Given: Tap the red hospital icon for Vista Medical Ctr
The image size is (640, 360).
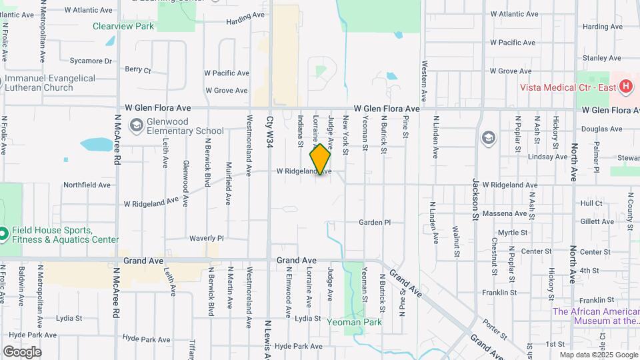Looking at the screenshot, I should click(x=625, y=87).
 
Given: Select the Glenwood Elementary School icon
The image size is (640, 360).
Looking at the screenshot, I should click(x=137, y=126).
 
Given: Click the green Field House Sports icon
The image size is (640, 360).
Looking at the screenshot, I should click(x=3, y=235).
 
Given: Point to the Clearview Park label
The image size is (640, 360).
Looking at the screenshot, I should click(x=123, y=27).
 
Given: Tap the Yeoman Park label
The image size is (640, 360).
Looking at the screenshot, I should click(x=354, y=322).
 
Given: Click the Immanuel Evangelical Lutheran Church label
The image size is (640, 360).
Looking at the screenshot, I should click(x=51, y=83).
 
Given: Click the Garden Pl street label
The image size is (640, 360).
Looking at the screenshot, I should click(x=374, y=223).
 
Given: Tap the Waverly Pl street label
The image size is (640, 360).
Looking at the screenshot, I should click(x=206, y=238).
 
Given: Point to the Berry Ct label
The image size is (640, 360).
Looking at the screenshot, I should click(x=138, y=69).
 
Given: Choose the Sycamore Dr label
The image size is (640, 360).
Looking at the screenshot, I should click(x=91, y=61).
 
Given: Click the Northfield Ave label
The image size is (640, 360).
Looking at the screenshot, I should click(x=87, y=185).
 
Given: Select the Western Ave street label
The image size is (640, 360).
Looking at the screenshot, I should click(x=424, y=78).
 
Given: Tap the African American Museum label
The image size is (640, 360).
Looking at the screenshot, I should click(x=596, y=316).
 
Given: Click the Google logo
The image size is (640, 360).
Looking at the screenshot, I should click(x=22, y=352).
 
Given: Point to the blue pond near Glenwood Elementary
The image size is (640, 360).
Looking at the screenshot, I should click(x=97, y=144).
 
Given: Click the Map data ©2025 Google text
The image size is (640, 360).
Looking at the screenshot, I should click(x=598, y=355).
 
